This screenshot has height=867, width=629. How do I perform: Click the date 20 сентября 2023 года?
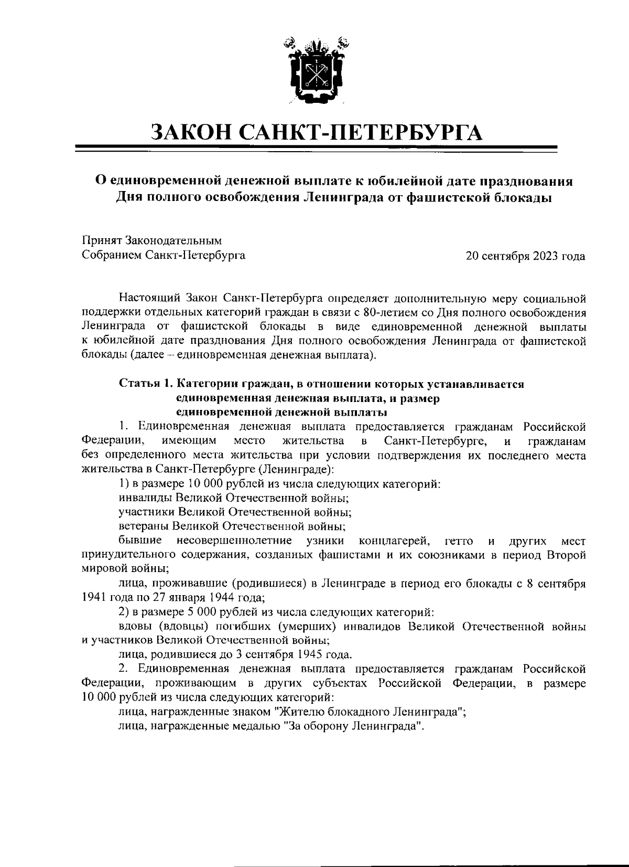pos(526,256)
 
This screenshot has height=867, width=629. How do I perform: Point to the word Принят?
pos(102,241)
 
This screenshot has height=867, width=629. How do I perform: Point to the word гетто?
pos(458,541)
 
